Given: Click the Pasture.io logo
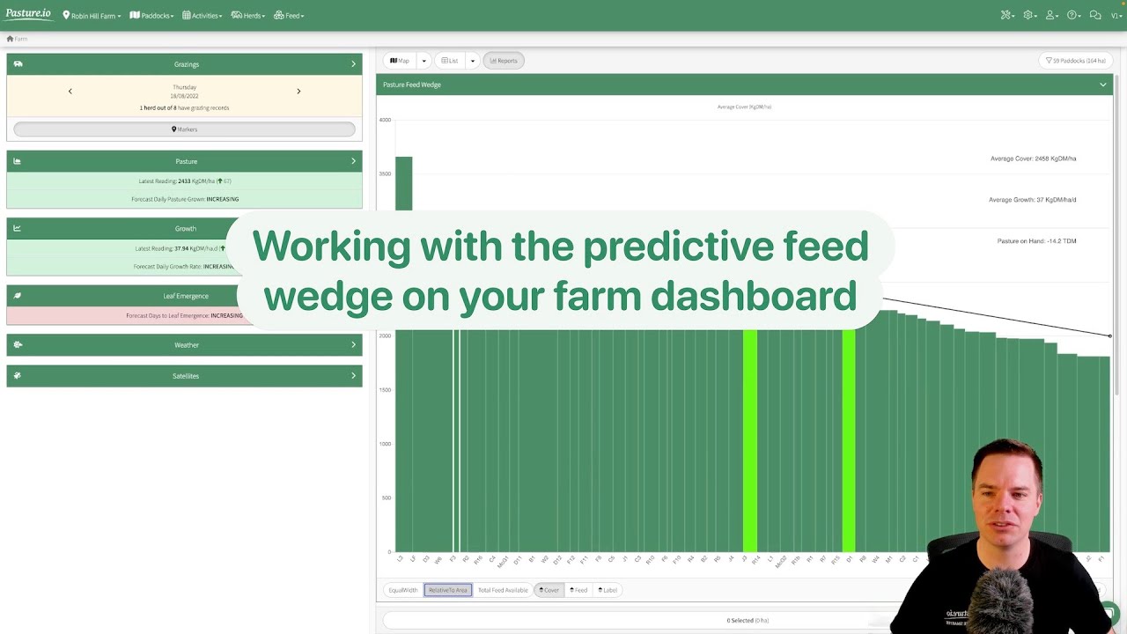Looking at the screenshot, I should point(28,15).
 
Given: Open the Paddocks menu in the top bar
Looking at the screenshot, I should point(151,16).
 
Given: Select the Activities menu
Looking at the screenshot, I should point(202,16).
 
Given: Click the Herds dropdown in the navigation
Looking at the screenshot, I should point(247,16).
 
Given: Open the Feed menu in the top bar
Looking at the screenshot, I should point(289,16).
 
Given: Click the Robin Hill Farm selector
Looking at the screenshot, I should point(92,16).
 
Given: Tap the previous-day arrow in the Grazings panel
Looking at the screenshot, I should point(70,91).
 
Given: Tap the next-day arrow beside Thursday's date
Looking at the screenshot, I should point(298,91).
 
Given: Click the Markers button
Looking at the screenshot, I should point(184,129).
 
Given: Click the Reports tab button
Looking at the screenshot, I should point(504,61).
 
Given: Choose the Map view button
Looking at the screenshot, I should point(400,61).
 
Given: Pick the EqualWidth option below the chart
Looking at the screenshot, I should point(402,590).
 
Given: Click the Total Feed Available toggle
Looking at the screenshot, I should point(503,590).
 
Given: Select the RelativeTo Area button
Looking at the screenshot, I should point(447,590).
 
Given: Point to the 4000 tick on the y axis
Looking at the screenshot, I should point(385,120).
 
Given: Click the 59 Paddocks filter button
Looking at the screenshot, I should point(1075,61).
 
